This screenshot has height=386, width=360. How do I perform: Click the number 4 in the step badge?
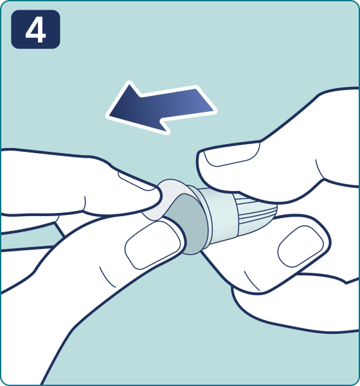coord(36,30)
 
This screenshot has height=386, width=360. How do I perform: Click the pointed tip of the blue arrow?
coord(107,115)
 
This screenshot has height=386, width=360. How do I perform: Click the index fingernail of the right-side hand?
coord(231,154)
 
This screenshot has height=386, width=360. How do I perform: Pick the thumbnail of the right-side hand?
coord(300,246)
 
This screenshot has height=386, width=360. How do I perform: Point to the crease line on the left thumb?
coord(107,277)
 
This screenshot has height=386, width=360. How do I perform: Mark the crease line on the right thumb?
coord(251,280)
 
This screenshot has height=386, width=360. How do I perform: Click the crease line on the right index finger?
coord(319,170)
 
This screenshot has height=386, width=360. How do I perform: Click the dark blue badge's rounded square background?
coord(36,30)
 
